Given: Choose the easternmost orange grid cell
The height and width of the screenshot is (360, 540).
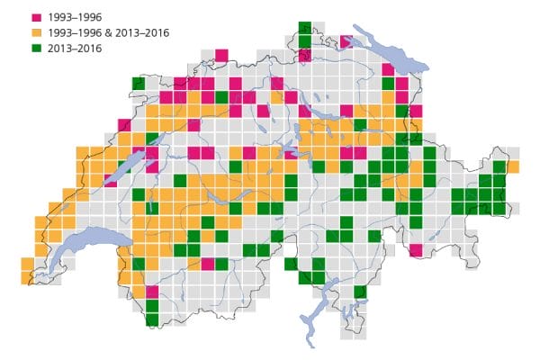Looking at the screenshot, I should [513, 166].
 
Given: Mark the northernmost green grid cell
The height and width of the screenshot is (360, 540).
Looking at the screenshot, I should [305, 29].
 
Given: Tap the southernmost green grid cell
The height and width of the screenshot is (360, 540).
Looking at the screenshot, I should [152, 318].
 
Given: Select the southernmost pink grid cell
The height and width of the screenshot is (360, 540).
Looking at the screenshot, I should [152, 292].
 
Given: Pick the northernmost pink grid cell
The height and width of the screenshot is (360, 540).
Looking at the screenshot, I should [346, 41].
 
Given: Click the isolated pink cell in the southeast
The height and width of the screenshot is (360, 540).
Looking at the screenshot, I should [416, 250].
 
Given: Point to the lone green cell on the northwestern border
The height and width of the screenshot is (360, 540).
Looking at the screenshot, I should [138, 84].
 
